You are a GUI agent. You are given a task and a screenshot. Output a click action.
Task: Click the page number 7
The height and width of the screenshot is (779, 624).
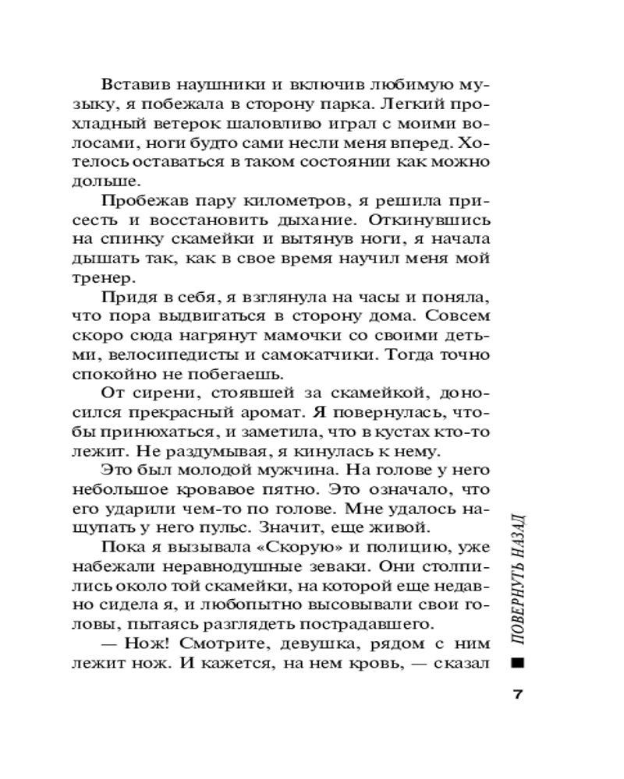pos(516,695)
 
